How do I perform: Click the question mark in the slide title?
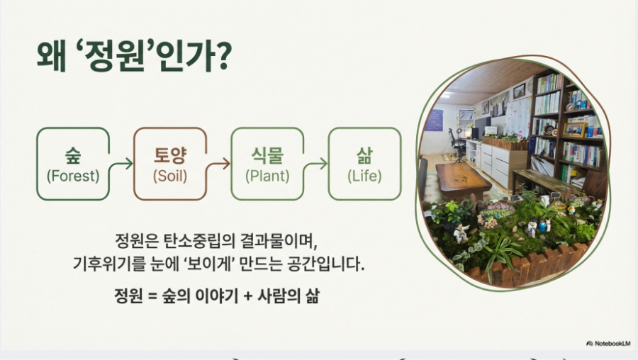point(223,56)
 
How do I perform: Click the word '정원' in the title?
point(115,56)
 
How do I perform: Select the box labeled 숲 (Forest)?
point(73,164)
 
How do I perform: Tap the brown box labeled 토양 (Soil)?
point(170,164)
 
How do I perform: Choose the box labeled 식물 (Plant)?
point(267,164)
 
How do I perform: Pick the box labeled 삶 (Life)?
point(364,164)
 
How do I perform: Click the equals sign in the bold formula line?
point(152,296)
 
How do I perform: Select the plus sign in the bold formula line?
point(248,296)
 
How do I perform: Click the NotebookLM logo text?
point(608,343)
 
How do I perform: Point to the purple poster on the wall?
point(434,120)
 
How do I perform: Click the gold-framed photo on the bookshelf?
point(574,130)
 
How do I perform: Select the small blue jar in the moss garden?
point(542,225)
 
